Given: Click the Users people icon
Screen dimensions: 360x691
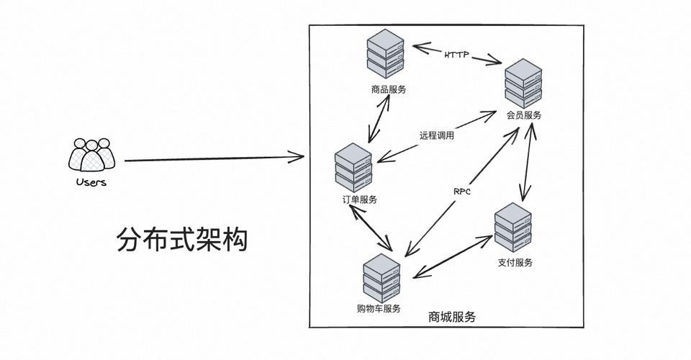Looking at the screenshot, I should pos(91,154).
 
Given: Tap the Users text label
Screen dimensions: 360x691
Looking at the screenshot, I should pos(91,182).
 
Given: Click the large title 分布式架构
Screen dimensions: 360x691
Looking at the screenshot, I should pos(181,240).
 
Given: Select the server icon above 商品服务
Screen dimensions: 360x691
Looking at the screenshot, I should pos(386,54).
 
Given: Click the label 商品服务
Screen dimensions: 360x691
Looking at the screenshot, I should pos(389,89).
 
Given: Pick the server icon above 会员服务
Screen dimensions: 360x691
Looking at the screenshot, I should pos(523,83).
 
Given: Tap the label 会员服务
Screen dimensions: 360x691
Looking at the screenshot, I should pos(524,115).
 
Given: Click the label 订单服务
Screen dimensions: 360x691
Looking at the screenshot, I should pos(359,199).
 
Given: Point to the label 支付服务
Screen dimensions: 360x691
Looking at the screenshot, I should pos(515,263).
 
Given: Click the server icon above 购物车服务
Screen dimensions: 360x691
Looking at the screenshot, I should pos(381,278).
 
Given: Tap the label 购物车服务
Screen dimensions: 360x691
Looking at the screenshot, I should pos(379,309).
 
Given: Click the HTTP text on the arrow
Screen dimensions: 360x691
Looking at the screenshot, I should pos(457,55).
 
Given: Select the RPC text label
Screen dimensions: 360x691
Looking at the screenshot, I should pos(462,192).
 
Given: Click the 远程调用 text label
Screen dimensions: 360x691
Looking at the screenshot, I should pos(436,135).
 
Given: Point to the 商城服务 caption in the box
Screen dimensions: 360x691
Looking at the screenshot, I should pos(451,317).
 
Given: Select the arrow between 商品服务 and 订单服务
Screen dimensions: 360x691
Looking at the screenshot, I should pos(379,119).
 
